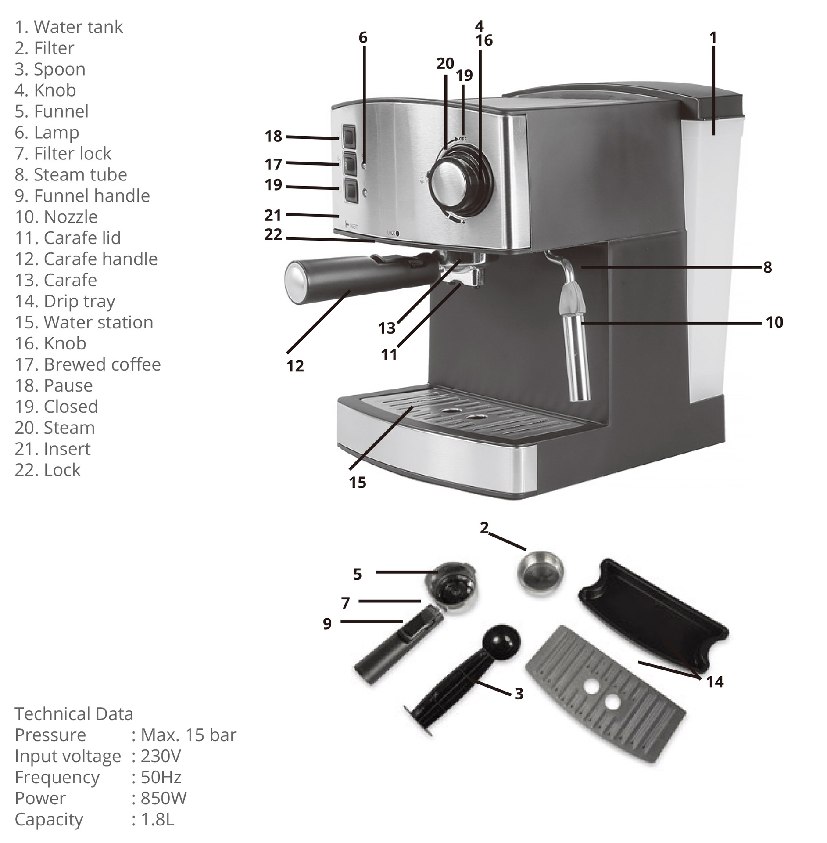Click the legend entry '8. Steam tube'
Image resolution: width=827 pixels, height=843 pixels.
(71, 175)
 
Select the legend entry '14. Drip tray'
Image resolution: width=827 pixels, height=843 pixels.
(65, 301)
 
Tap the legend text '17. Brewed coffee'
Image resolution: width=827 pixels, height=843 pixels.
(88, 364)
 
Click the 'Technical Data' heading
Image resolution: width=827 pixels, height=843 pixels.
(74, 714)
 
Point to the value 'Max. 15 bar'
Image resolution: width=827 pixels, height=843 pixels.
(188, 735)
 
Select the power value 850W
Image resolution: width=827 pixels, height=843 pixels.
(163, 798)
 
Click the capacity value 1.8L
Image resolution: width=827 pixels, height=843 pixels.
(157, 819)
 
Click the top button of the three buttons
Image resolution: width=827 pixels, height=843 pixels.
(350, 137)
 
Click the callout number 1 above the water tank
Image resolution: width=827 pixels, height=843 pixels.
(713, 38)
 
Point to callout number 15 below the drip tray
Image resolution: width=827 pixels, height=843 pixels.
(357, 483)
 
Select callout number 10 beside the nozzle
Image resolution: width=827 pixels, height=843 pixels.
(774, 322)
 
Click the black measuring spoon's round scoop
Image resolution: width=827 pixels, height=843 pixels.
(501, 641)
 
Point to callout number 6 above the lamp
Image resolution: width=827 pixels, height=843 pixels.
(363, 38)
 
